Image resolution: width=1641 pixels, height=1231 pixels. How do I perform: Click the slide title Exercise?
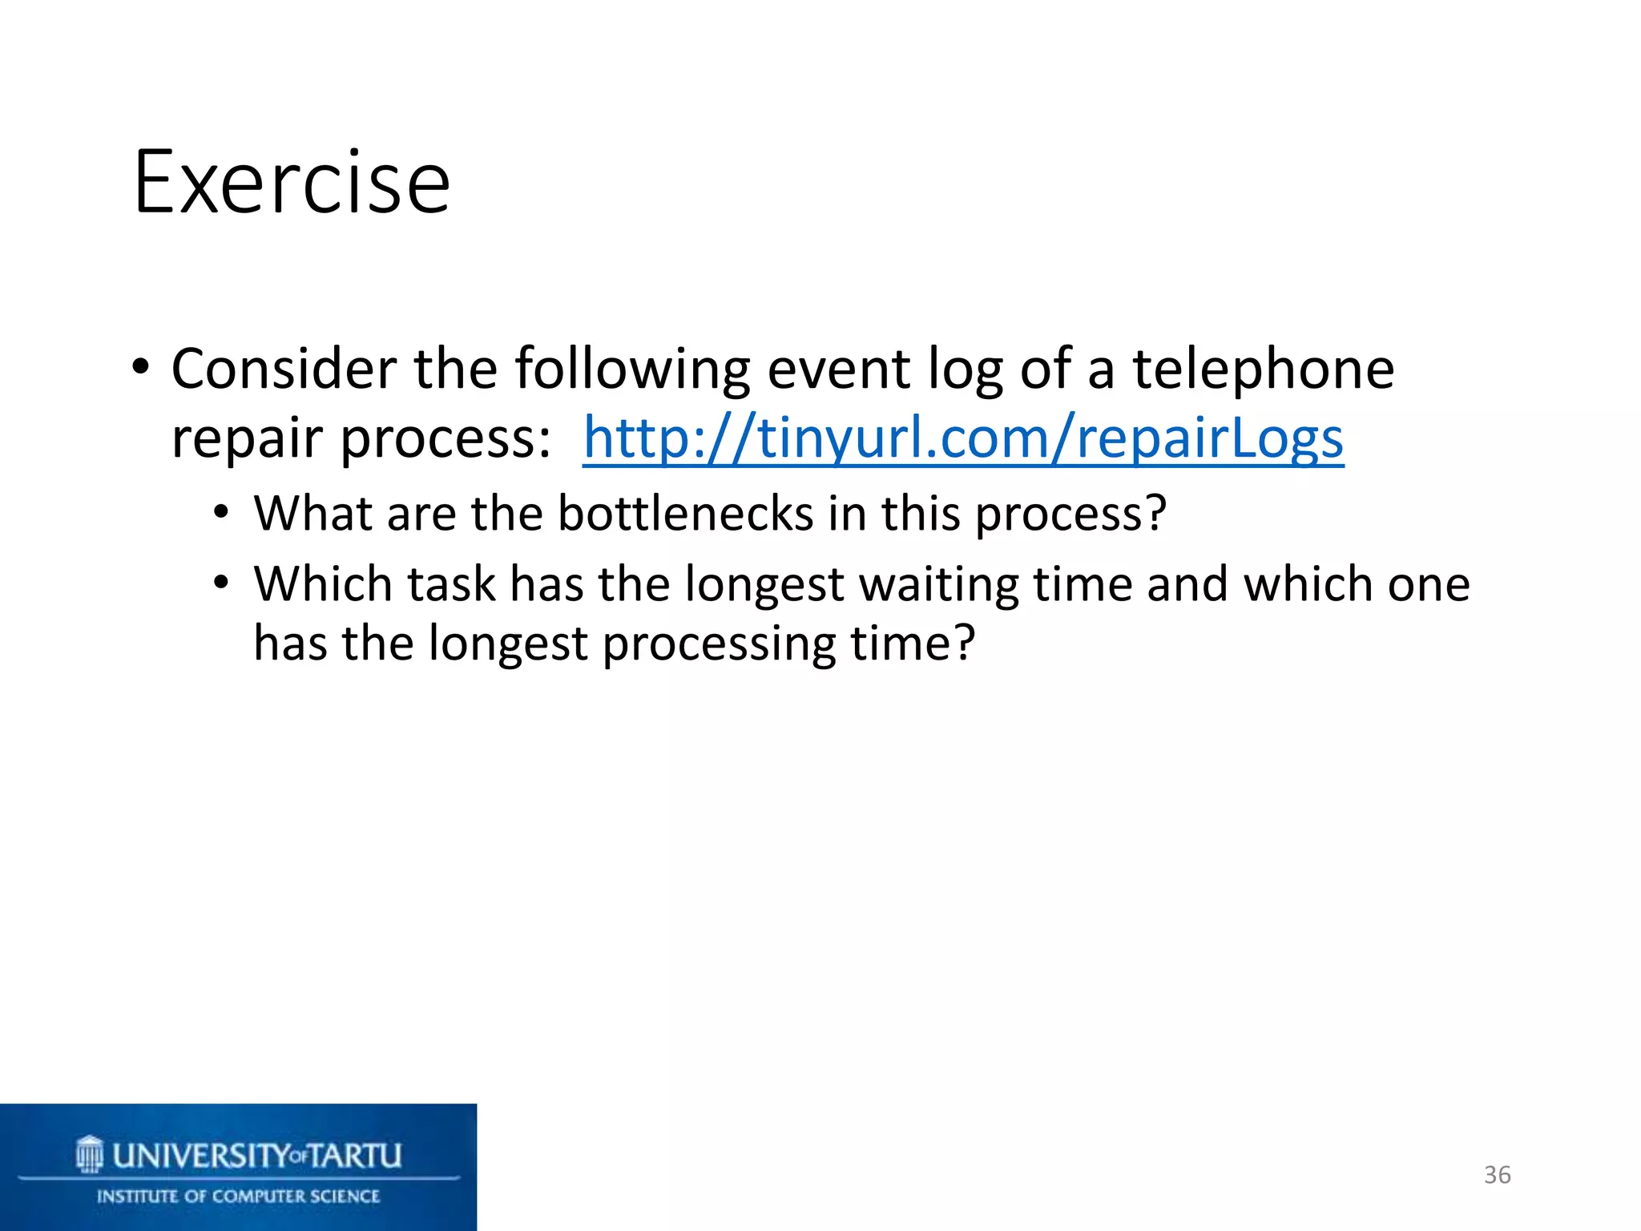click(292, 183)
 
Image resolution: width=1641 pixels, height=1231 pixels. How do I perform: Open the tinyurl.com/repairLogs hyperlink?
click(962, 438)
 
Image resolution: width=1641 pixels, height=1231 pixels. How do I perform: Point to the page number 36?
click(1497, 1175)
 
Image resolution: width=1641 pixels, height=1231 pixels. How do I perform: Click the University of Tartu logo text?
click(256, 1156)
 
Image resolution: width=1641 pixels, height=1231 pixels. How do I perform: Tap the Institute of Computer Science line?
click(238, 1197)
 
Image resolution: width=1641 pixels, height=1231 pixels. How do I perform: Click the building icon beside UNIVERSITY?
click(90, 1154)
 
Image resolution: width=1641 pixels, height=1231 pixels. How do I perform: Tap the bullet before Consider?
click(141, 369)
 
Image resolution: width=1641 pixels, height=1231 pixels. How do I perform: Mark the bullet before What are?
click(222, 513)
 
